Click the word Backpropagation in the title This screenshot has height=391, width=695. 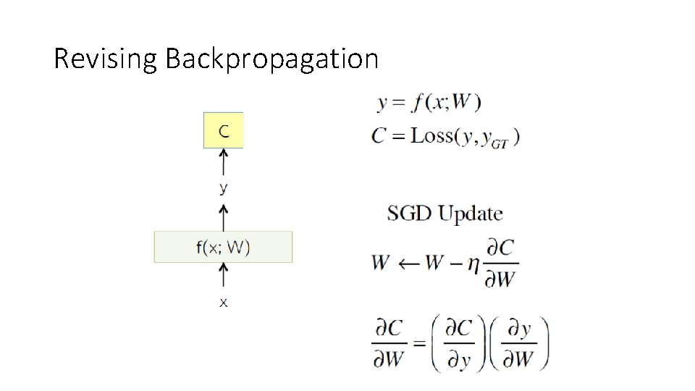tap(271, 59)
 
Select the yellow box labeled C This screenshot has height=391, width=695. tap(224, 130)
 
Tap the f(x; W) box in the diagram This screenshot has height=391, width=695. tap(223, 247)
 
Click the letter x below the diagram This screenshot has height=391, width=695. tap(224, 303)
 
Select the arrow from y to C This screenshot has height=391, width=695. tap(224, 163)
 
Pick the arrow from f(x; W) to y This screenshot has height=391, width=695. tap(224, 216)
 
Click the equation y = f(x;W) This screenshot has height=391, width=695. tap(429, 103)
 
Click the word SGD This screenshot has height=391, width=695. tap(409, 214)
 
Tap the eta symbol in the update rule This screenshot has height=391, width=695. tap(473, 265)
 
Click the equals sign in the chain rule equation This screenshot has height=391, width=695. tap(418, 342)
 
